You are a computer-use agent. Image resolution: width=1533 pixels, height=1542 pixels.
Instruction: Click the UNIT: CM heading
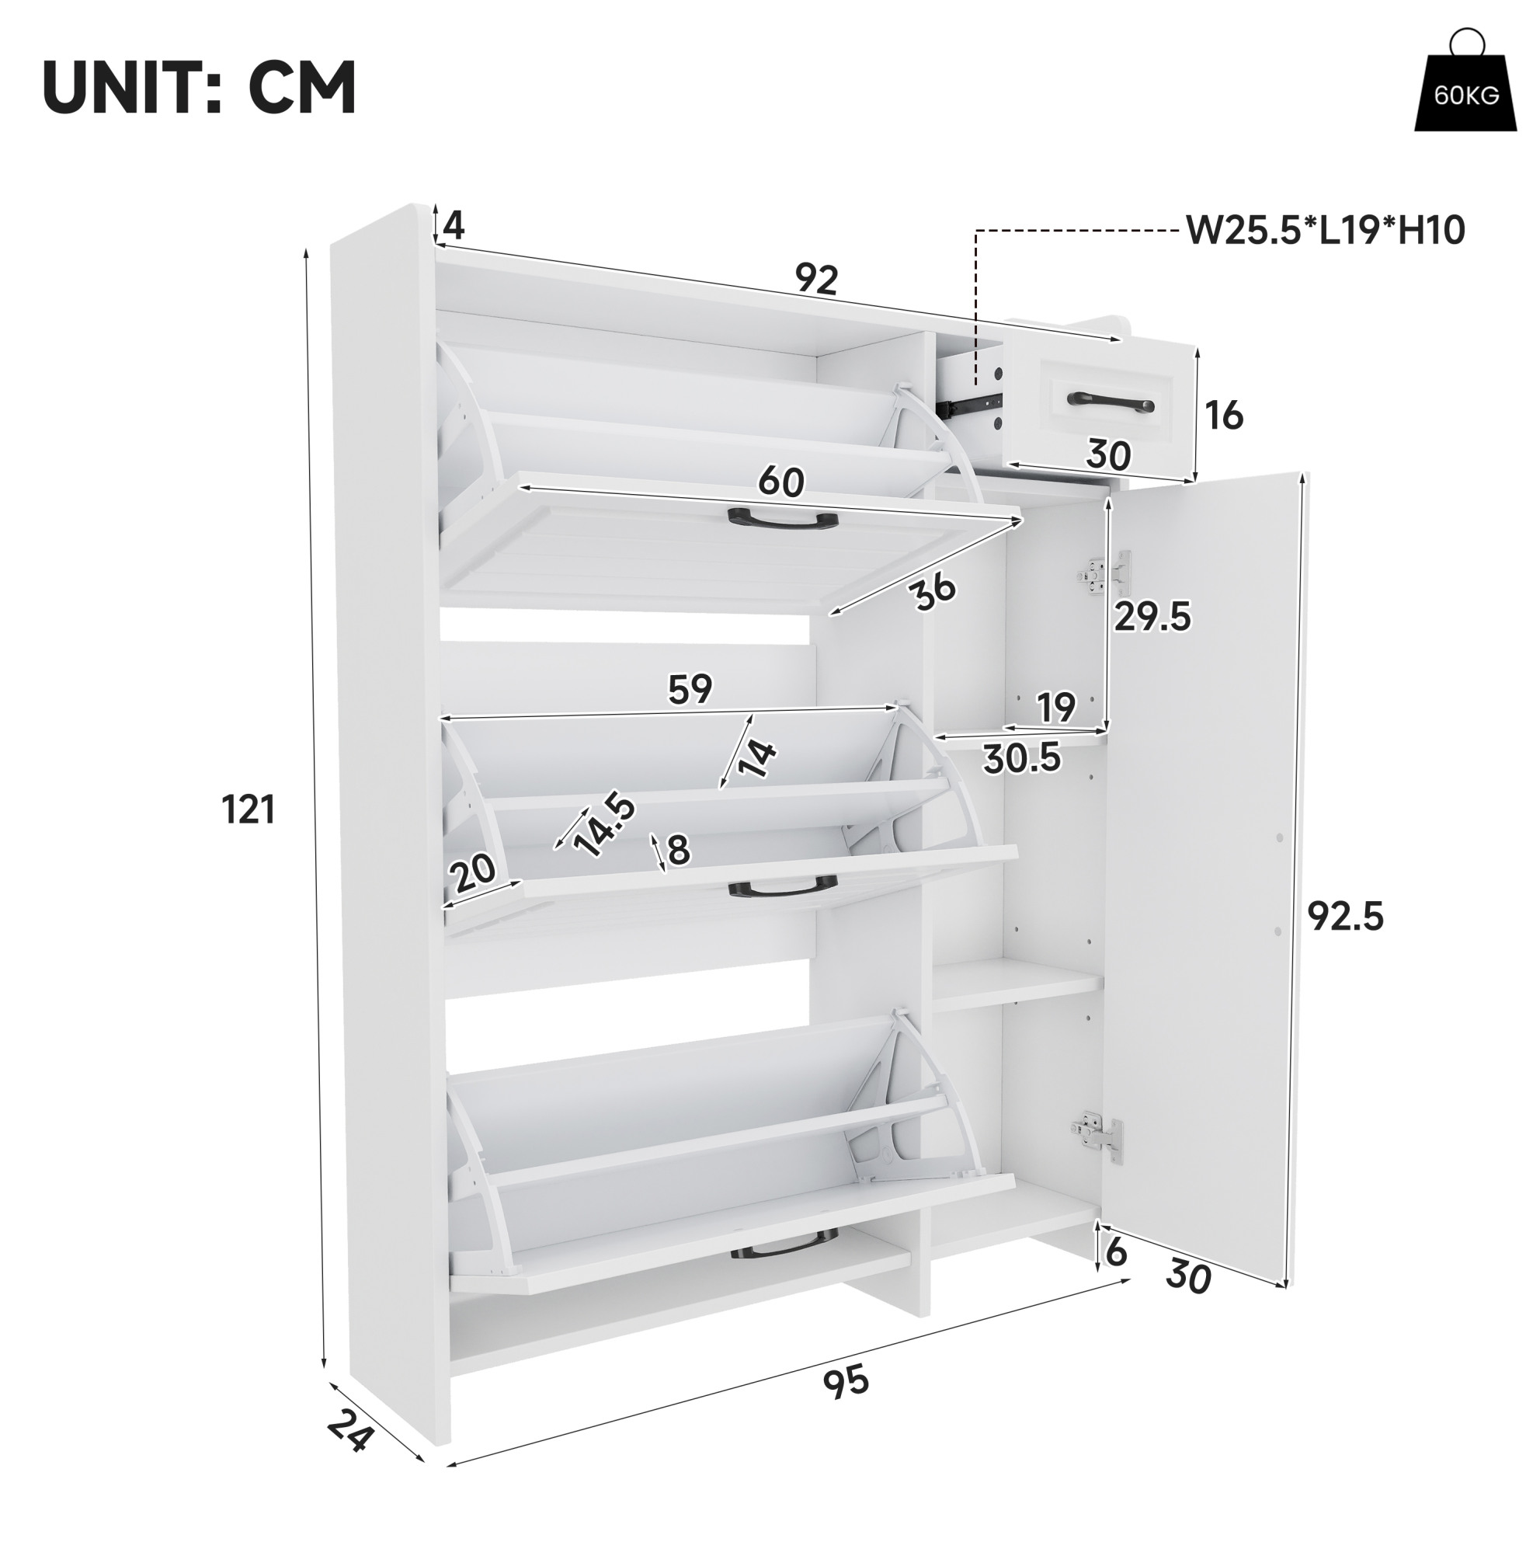click(x=200, y=88)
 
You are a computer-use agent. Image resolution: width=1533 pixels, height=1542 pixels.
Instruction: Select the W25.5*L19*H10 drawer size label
click(x=1326, y=231)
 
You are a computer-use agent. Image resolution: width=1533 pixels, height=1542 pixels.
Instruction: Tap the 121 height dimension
click(x=249, y=810)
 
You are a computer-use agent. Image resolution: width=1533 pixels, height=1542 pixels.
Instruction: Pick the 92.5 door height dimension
click(x=1346, y=917)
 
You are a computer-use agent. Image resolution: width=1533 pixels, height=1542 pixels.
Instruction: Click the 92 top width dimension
click(x=817, y=279)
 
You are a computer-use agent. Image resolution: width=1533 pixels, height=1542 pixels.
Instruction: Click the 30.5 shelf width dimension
click(x=1022, y=757)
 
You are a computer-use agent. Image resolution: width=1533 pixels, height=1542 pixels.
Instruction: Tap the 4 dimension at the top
click(x=454, y=226)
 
